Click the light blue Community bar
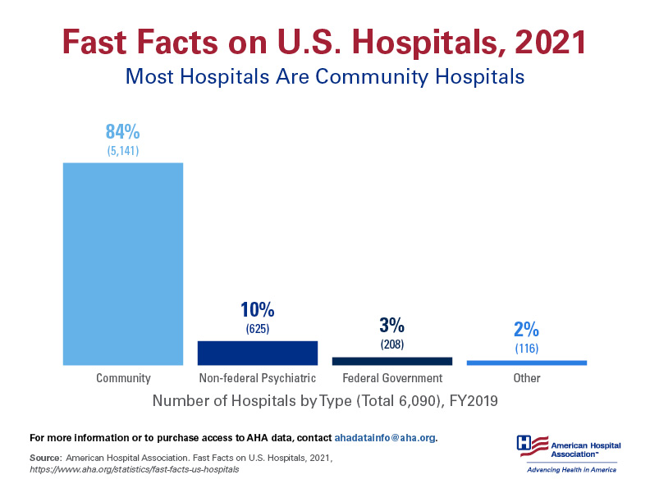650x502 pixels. click(123, 263)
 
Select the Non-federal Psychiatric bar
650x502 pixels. click(257, 353)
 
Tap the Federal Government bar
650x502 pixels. click(391, 361)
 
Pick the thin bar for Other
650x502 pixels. click(526, 363)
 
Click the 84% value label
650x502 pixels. click(123, 131)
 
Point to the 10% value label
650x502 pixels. click(257, 310)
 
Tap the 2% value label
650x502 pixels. click(526, 330)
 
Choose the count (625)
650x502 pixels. click(257, 329)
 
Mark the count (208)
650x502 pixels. click(391, 345)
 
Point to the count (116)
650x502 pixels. click(526, 349)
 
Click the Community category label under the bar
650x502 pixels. click(123, 378)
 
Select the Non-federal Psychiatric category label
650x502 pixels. click(257, 378)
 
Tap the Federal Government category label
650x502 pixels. click(391, 378)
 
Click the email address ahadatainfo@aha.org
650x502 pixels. click(384, 437)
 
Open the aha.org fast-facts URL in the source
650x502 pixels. click(134, 469)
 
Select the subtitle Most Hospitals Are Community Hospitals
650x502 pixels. click(324, 77)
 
